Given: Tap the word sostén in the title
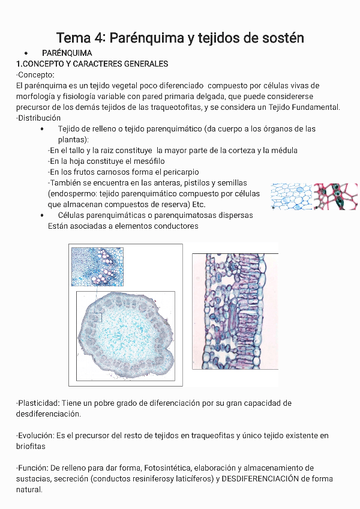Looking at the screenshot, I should (281, 38).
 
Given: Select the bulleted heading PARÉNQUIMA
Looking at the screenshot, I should (67, 53).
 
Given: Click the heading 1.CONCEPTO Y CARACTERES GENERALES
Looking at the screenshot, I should (92, 64).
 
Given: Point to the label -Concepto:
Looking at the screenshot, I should (35, 74).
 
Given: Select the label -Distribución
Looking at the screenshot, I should (38, 118).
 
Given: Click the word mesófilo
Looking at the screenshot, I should (146, 161).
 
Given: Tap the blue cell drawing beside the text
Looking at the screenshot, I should (291, 196).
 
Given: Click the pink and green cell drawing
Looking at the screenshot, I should (336, 196).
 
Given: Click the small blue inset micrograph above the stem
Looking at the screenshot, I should (97, 267).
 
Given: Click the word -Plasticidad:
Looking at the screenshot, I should (37, 403).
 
